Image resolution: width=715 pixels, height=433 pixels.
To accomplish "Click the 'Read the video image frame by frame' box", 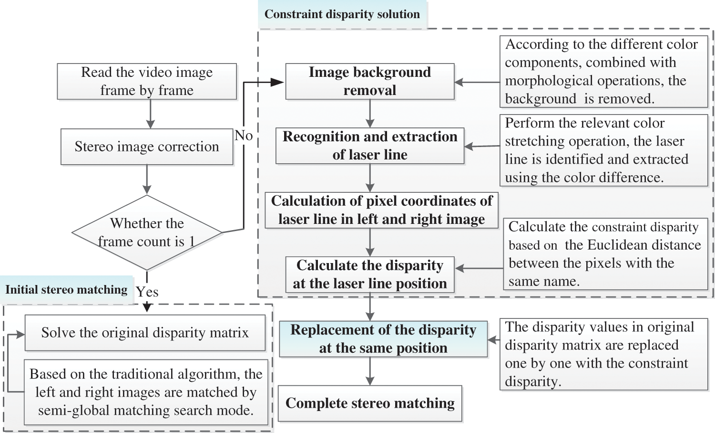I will coord(147,81).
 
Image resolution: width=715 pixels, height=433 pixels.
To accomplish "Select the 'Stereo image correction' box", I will coord(147,147).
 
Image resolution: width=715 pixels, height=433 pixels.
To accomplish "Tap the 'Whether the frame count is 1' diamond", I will coord(147,232).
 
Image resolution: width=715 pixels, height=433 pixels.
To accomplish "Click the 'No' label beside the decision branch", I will coord(244,136).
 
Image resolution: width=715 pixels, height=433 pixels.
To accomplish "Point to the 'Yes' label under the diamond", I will coord(147,292).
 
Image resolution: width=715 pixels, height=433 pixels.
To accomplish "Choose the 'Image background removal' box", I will coord(369,81).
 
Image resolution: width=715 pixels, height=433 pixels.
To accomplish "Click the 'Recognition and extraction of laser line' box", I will coord(369,146).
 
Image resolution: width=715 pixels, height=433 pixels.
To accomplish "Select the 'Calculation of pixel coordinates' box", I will coord(381,210).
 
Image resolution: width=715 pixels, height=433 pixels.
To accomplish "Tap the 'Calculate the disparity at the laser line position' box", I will coord(369,275).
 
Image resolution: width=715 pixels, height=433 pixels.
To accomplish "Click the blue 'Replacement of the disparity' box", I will coord(383,339).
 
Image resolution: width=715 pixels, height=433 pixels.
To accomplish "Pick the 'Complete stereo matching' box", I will coord(370,403).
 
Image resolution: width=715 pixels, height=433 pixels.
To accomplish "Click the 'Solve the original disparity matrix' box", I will coord(145,333).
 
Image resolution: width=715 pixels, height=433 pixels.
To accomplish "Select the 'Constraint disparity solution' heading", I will coord(342,14).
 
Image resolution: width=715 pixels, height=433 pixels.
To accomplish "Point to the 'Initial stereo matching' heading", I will coord(66,290).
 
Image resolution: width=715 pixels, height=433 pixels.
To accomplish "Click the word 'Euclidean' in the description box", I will coord(615,245).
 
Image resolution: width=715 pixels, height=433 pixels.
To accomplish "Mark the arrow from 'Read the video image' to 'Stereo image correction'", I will coord(150,115).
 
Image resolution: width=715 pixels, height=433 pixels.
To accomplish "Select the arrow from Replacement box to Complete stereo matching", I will coord(370,371).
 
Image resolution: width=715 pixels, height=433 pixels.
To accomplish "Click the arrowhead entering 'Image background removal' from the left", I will coord(278,82).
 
